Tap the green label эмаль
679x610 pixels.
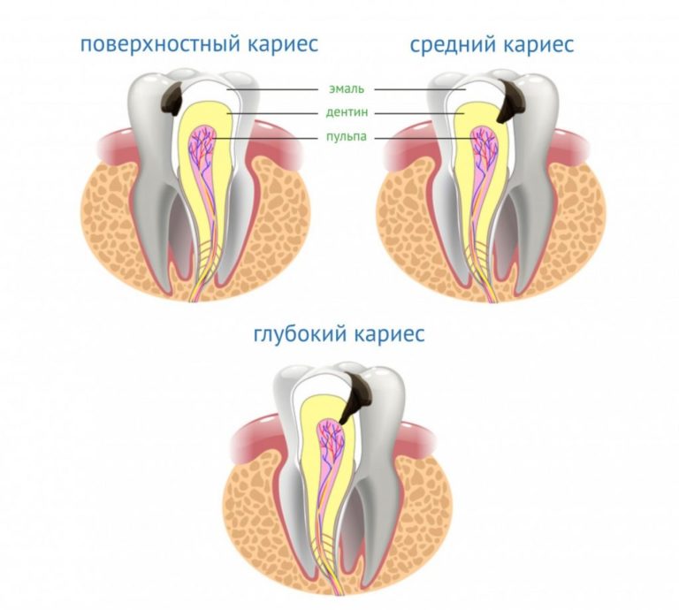tap(347, 89)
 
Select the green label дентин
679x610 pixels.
tap(347, 113)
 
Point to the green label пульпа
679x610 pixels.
tap(347, 137)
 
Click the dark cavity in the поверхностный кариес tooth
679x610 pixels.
tap(172, 100)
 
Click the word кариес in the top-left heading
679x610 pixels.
tap(283, 45)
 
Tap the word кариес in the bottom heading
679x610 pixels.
tap(389, 334)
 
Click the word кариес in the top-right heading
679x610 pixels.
tap(538, 45)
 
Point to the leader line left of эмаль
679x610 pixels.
tap(272, 90)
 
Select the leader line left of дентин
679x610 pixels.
tap(272, 114)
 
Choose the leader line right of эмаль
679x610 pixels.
tap(420, 90)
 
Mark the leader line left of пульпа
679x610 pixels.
tap(265, 139)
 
